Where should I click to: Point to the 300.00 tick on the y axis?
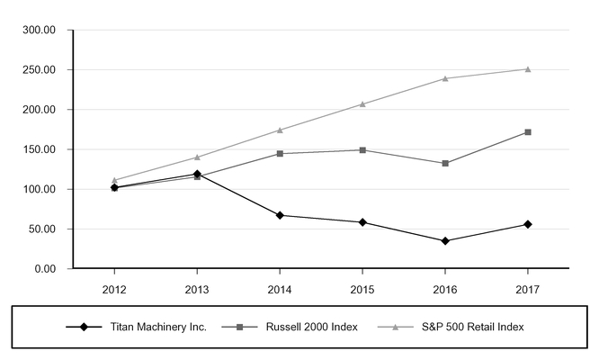pos(40,30)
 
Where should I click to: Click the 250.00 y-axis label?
pos(40,70)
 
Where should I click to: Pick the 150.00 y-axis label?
pos(40,149)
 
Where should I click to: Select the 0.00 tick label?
pos(45,269)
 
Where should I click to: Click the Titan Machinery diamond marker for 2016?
pos(445,241)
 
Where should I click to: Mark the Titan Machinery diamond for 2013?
pos(197,174)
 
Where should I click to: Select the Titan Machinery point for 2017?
pos(527,224)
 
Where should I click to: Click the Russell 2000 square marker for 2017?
pos(527,132)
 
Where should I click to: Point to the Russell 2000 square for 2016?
pos(445,163)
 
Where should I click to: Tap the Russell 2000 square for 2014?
pos(280,154)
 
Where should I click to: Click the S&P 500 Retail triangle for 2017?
pos(527,69)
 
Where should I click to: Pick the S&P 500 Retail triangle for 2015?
pos(362,104)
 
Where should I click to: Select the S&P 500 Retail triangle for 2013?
pos(197,157)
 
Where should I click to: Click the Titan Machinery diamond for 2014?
pos(280,215)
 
